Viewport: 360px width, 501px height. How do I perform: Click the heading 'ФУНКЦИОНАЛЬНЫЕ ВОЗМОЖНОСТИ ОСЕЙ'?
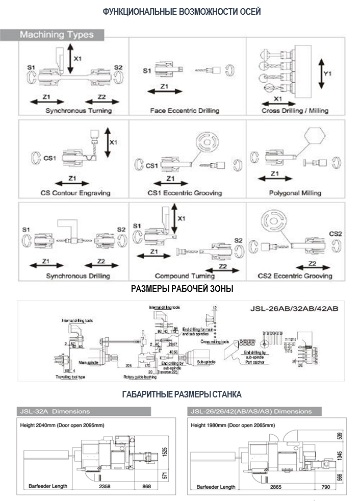[182, 11]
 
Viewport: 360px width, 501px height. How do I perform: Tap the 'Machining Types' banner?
[57, 35]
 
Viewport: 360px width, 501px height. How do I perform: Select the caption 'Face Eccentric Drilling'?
[185, 110]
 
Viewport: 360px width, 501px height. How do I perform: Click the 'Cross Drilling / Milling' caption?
[295, 110]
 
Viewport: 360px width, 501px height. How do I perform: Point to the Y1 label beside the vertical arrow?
[328, 73]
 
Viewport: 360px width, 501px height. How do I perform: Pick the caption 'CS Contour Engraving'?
[75, 193]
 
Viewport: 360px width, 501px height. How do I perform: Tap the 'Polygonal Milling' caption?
[295, 193]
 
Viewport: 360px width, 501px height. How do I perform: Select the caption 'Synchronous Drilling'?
[78, 276]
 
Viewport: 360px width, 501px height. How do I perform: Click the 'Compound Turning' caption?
[178, 276]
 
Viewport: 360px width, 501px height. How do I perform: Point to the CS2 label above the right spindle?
[335, 234]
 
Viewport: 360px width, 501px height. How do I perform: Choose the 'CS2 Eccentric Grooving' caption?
[295, 276]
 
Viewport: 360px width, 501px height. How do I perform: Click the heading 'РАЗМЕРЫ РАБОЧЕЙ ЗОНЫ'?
[182, 289]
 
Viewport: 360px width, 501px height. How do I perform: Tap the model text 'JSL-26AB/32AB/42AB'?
[294, 309]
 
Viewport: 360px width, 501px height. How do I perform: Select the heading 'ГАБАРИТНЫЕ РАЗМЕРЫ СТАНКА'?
[182, 394]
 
